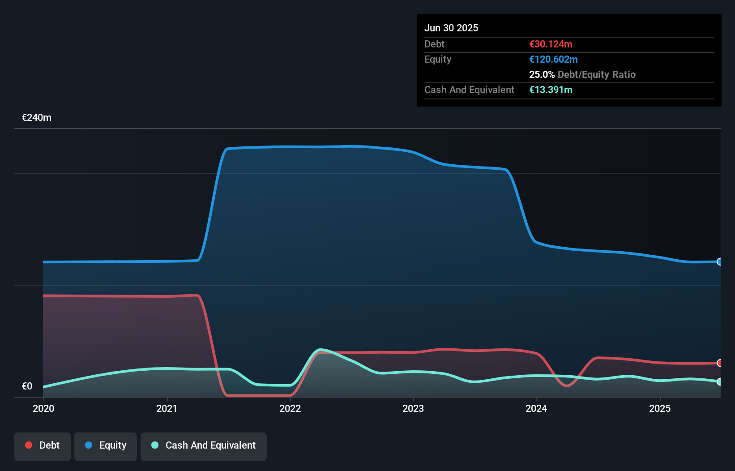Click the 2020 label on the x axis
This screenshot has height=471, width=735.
click(x=43, y=408)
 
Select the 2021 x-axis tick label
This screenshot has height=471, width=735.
click(x=167, y=408)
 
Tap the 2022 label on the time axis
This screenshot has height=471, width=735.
click(x=290, y=408)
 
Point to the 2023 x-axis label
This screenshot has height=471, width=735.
click(x=413, y=408)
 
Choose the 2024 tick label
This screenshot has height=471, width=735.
click(x=536, y=408)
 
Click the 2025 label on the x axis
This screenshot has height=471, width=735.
click(x=660, y=408)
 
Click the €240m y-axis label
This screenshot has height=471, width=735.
click(x=37, y=118)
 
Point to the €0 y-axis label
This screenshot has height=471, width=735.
click(x=27, y=386)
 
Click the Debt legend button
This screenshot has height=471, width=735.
click(x=43, y=445)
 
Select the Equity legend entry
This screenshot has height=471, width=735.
click(x=106, y=445)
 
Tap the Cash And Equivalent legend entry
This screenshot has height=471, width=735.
click(x=204, y=445)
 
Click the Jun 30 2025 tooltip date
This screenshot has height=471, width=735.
click(x=451, y=28)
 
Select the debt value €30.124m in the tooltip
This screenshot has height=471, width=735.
click(x=551, y=44)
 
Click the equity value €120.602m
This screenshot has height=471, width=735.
click(x=553, y=59)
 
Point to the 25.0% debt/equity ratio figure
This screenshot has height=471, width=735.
click(x=542, y=74)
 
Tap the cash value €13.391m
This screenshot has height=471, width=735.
click(x=551, y=90)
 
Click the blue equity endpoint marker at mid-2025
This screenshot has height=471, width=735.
click(x=719, y=262)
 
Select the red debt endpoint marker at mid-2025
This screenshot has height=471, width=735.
click(x=719, y=363)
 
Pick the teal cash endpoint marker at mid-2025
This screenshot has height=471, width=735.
click(x=719, y=381)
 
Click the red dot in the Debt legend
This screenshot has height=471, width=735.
click(x=29, y=445)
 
